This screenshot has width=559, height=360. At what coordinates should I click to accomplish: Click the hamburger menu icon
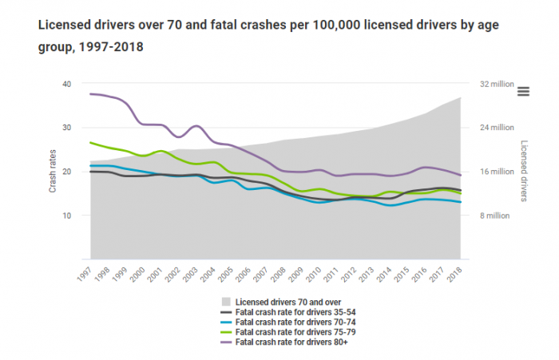click(x=524, y=91)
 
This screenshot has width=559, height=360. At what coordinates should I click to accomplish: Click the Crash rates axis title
click(x=53, y=172)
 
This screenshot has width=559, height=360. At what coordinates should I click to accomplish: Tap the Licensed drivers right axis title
click(x=525, y=172)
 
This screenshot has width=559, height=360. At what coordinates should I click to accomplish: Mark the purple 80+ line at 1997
click(x=91, y=94)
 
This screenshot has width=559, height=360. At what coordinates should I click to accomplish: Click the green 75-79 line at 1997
click(x=91, y=143)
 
